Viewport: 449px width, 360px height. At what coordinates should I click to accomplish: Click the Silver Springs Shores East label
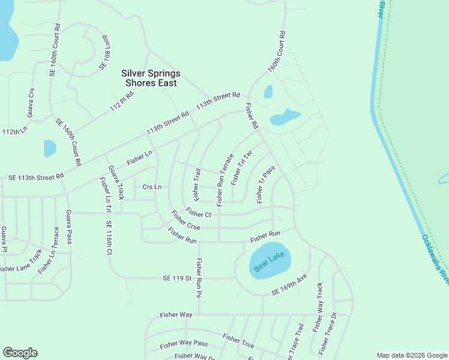pyautogui.click(x=151, y=78)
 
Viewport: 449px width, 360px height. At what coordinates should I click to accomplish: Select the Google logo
pyautogui.click(x=20, y=353)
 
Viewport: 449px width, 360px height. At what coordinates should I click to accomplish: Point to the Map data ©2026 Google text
pyautogui.click(x=411, y=355)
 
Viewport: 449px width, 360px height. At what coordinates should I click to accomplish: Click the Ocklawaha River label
pyautogui.click(x=434, y=259)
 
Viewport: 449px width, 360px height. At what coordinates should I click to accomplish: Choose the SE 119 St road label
pyautogui.click(x=176, y=278)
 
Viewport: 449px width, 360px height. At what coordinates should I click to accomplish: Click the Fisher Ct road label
pyautogui.click(x=199, y=213)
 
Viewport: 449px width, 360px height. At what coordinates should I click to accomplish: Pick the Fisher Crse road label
pyautogui.click(x=185, y=220)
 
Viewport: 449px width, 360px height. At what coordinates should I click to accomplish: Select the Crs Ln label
pyautogui.click(x=152, y=187)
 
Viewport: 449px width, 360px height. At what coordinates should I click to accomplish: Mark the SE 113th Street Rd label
pyautogui.click(x=35, y=178)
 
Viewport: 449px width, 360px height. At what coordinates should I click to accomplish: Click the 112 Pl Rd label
pyautogui.click(x=121, y=103)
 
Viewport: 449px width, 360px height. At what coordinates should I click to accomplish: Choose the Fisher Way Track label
pyautogui.click(x=318, y=308)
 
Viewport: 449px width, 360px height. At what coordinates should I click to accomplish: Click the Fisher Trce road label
pyautogui.click(x=238, y=341)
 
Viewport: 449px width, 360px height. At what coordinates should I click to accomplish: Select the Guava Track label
pyautogui.click(x=115, y=182)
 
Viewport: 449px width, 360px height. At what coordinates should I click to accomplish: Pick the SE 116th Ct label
pyautogui.click(x=109, y=239)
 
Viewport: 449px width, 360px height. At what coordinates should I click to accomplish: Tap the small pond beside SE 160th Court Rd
pyautogui.click(x=50, y=148)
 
